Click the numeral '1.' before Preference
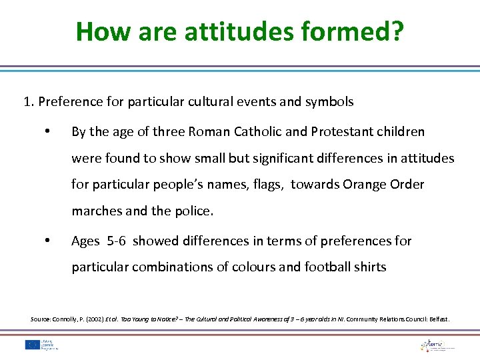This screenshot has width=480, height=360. pos(29,102)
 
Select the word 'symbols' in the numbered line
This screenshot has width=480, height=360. pos(331,102)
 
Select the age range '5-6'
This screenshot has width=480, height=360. pos(117,241)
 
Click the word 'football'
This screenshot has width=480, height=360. pos(319,267)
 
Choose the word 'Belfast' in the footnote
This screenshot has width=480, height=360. pos(439,319)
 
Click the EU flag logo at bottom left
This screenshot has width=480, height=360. pos(31,345)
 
